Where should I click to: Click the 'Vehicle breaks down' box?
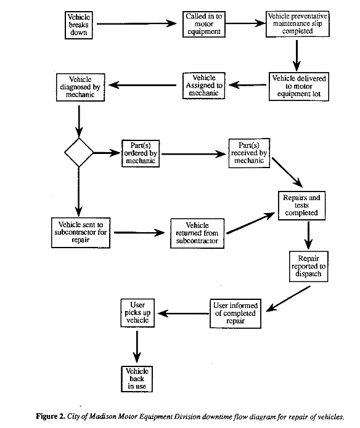79,25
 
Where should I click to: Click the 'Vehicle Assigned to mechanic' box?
203,87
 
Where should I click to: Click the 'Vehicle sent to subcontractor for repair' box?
80,232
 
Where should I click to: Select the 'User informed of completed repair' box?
235,313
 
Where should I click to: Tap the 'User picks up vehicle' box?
137,313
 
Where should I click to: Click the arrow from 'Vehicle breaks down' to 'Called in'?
136,25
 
